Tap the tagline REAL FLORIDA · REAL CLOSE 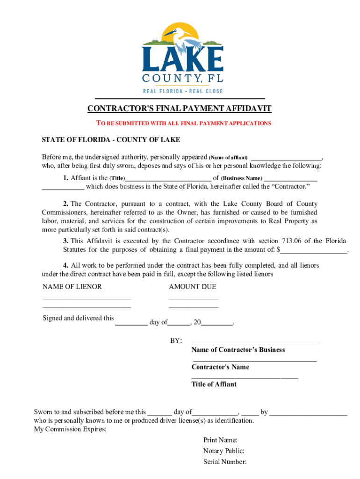click(182, 91)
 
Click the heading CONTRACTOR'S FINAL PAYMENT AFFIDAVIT click(180, 109)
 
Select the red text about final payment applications click(183, 123)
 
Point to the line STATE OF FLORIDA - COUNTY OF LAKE click(111, 140)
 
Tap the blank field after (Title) click(168, 178)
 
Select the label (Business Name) click(241, 179)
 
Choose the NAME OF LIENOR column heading click(72, 287)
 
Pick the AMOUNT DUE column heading click(192, 287)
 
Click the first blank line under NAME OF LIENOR click(86, 298)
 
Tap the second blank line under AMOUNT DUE click(193, 307)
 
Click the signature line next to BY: click(255, 343)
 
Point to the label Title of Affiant click(214, 384)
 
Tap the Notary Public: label click(223, 451)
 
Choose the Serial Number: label click(225, 462)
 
